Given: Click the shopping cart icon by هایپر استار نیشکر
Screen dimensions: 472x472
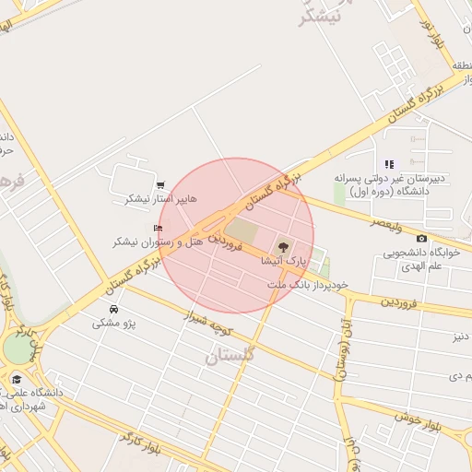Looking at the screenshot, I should click(x=161, y=185).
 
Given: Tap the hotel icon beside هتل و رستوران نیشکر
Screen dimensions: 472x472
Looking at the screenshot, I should click(x=158, y=228).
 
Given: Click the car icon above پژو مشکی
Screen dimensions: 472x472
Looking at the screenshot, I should click(x=113, y=309).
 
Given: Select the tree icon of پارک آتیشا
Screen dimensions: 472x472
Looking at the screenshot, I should click(x=283, y=247).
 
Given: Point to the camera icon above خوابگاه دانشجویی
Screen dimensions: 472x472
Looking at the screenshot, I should click(x=422, y=239).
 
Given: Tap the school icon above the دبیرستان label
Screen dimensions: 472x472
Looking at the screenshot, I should click(x=389, y=164).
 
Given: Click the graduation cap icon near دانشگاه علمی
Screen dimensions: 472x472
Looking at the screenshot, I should click(x=16, y=379).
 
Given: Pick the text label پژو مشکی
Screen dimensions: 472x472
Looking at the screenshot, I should click(x=114, y=324).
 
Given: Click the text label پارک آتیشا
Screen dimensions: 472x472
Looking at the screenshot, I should click(x=285, y=263).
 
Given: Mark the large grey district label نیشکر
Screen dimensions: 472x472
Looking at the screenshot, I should click(x=322, y=13).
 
